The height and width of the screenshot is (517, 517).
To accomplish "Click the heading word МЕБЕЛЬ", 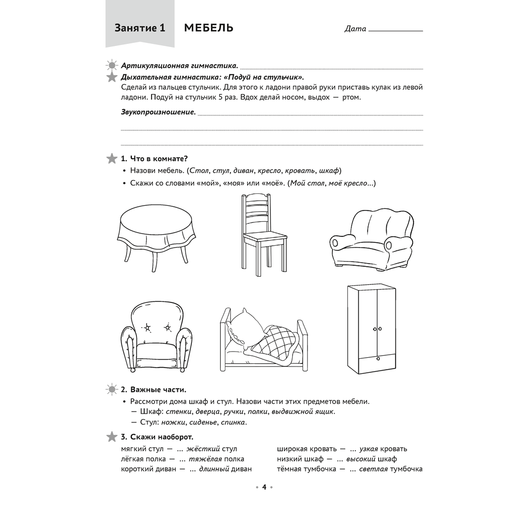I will [208, 28].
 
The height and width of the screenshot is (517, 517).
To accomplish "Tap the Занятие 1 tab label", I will [140, 28].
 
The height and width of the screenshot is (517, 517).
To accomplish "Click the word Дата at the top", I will [355, 29].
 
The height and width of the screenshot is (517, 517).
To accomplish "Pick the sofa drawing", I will [371, 238].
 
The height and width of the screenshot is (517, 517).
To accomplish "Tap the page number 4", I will [264, 487].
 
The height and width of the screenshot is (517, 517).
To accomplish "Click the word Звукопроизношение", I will [158, 112].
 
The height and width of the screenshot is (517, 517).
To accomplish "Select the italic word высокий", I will [360, 459].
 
